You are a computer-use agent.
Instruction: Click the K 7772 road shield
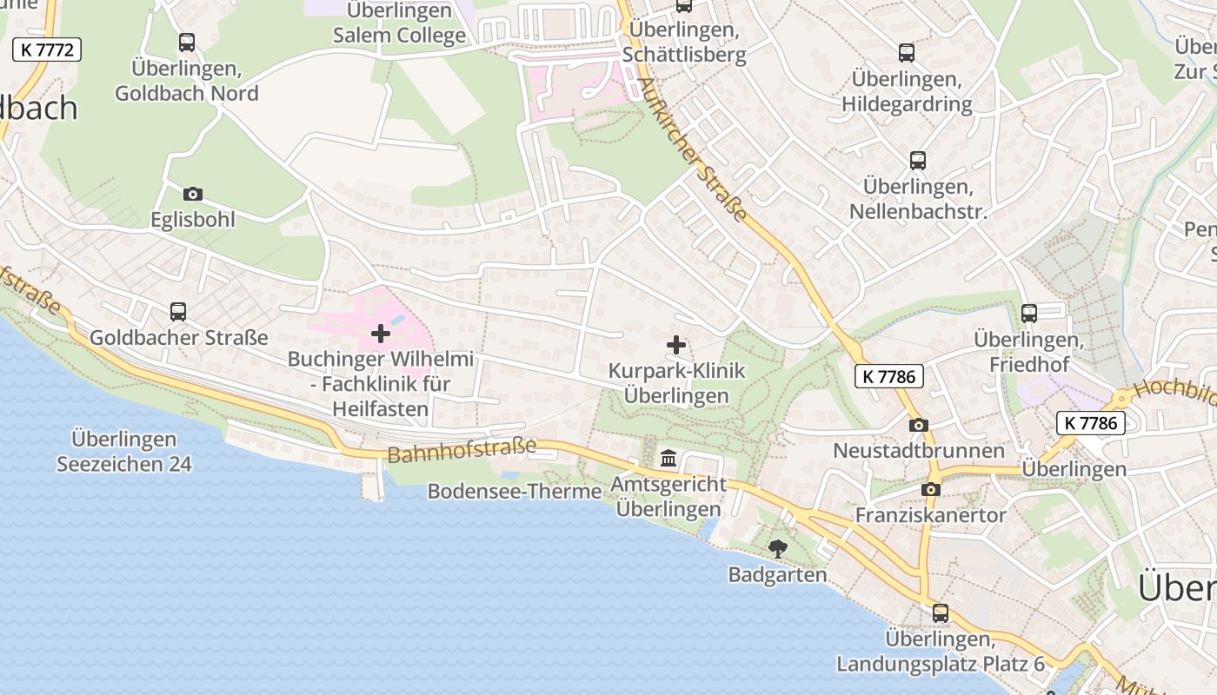47,50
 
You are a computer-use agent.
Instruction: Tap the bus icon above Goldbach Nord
186,42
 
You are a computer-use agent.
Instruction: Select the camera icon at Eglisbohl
192,194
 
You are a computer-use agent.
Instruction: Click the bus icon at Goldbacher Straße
178,311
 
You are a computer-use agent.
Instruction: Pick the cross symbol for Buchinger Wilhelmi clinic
381,333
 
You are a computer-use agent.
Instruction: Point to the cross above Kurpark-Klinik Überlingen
676,345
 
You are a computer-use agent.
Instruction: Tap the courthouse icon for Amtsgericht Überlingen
668,458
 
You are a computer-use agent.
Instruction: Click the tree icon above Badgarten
777,548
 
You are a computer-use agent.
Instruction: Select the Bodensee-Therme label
515,492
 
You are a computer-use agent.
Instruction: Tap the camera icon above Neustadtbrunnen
919,425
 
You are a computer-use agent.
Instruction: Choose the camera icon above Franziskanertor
931,489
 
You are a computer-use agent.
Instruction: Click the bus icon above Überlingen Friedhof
1029,313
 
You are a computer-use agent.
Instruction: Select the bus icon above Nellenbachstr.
918,160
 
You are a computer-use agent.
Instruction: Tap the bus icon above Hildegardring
907,52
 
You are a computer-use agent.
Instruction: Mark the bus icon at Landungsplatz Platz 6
941,612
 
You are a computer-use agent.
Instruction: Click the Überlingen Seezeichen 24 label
124,452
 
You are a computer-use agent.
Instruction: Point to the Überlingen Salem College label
400,23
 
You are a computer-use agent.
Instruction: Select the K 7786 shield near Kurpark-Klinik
888,376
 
